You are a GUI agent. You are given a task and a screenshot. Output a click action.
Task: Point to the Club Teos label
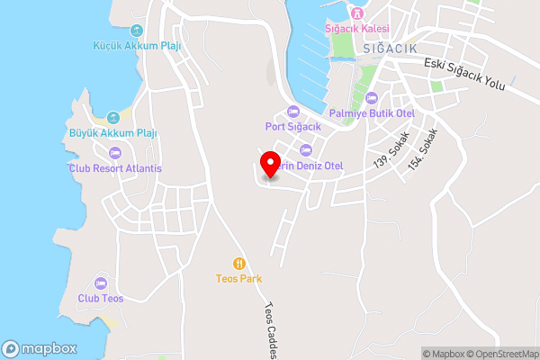click(100, 298)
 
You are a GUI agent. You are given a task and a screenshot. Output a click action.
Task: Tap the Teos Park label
click(238, 279)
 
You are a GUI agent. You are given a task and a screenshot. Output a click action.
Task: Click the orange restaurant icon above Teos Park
click(238, 264)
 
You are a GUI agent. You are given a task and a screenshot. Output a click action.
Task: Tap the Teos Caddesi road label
click(270, 328)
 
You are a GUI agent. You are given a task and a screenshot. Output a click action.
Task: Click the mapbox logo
click(39, 348)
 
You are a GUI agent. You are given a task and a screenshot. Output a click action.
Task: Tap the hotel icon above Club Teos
click(100, 283)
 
